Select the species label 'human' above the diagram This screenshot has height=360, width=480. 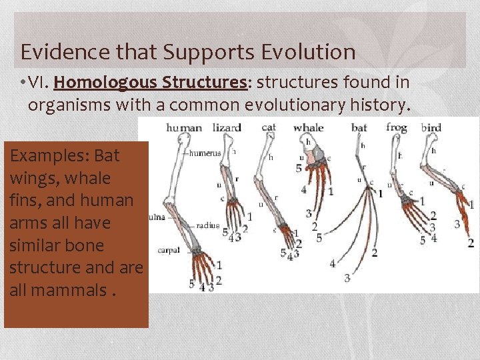coord(184,127)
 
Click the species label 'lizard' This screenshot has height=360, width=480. coord(227,127)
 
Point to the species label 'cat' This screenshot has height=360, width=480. coord(269,127)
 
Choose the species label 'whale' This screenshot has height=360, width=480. coord(308,127)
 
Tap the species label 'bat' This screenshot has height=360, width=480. coord(359,127)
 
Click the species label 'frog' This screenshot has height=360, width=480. coord(397,127)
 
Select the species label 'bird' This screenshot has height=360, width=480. coord(431,127)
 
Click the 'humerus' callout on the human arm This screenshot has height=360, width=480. coord(205,153)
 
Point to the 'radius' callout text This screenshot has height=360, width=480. coord(207,225)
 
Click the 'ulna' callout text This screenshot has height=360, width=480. coord(157,217)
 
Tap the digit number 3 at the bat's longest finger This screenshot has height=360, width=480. coord(347,278)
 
